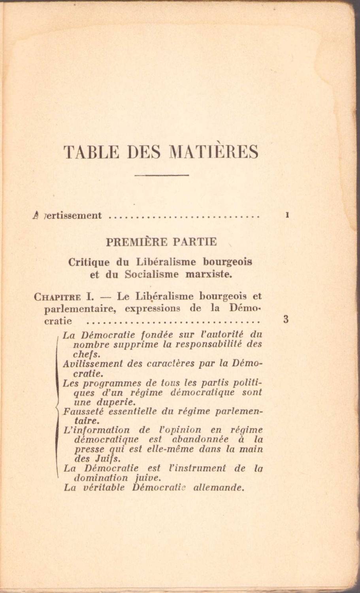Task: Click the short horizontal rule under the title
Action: [x=161, y=175]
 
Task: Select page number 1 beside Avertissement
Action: [x=288, y=215]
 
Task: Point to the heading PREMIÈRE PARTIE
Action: [x=161, y=242]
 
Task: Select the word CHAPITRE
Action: [x=58, y=297]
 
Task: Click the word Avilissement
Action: [x=92, y=364]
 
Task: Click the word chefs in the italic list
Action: [x=87, y=354]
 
